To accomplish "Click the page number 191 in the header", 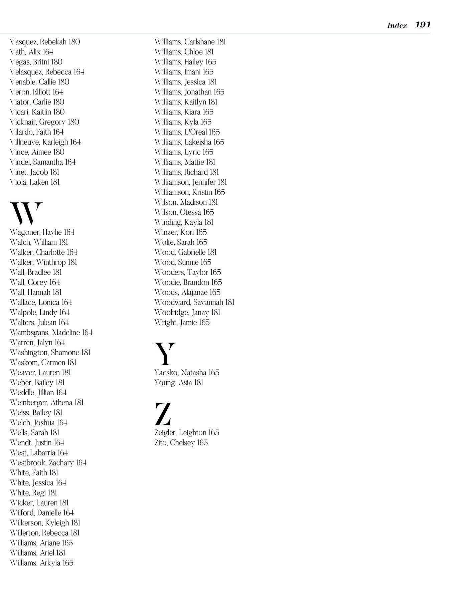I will (x=423, y=25).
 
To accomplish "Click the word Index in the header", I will (x=397, y=26).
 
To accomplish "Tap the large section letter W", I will (x=26, y=213).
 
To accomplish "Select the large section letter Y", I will (x=165, y=354).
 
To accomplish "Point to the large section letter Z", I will (x=163, y=414).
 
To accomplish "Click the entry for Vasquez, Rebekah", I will (x=45, y=42).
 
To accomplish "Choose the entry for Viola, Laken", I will (x=35, y=182).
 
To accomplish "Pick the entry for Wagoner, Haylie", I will (x=42, y=232).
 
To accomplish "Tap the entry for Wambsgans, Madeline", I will (x=51, y=333).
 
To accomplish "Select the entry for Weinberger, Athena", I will (x=46, y=403).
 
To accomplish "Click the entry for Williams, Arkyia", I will (x=41, y=563).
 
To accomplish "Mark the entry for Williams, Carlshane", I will (x=190, y=42).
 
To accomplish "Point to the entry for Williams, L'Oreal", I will (x=187, y=132).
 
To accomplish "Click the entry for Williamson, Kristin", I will (x=190, y=192).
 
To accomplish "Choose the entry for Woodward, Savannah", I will (x=194, y=303).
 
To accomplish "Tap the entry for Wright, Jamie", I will (x=182, y=323).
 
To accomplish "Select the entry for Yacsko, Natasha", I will (x=187, y=373).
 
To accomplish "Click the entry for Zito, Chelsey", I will (x=181, y=443).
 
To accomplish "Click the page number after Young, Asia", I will (x=198, y=383).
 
